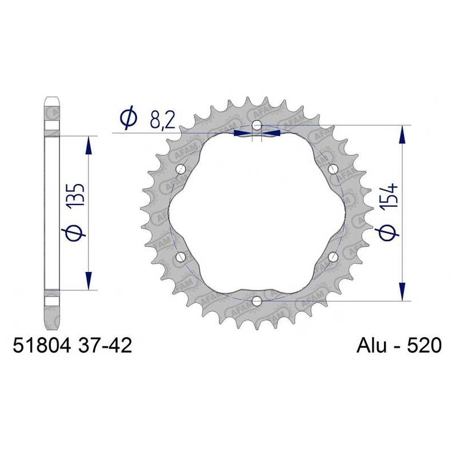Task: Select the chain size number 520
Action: tap(422, 346)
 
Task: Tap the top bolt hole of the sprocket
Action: tap(256, 125)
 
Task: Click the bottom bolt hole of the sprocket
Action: tap(256, 300)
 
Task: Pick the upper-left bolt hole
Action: tap(181, 169)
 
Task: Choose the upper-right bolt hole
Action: tap(332, 169)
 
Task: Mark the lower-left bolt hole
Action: tap(181, 256)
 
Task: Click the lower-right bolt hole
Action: tap(332, 256)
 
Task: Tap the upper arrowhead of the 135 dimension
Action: tap(89, 146)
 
